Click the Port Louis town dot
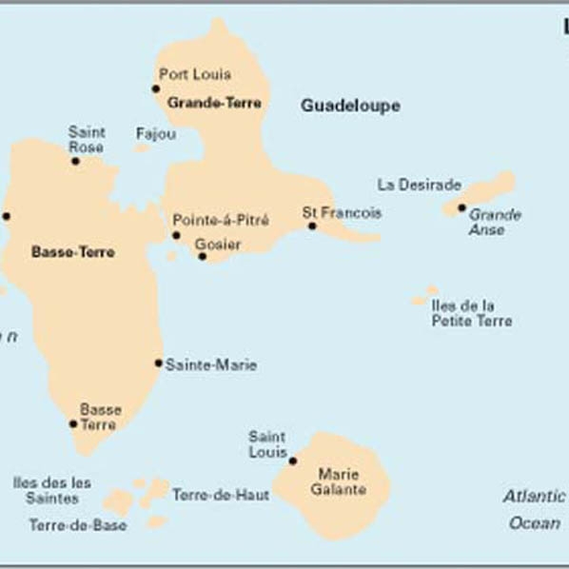(156, 88)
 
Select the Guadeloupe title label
(350, 106)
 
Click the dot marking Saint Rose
(75, 161)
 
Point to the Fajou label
(156, 134)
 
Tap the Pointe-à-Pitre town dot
(176, 235)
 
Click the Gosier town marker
(202, 256)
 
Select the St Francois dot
(311, 226)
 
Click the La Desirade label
(420, 185)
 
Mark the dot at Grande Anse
(461, 207)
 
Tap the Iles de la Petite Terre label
(471, 313)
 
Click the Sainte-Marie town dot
(159, 363)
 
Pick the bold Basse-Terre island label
(72, 252)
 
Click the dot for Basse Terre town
(73, 423)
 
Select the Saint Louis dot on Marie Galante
(292, 461)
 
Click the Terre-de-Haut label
(220, 495)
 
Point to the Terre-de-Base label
(77, 524)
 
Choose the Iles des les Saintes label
(52, 490)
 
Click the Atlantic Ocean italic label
(535, 509)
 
